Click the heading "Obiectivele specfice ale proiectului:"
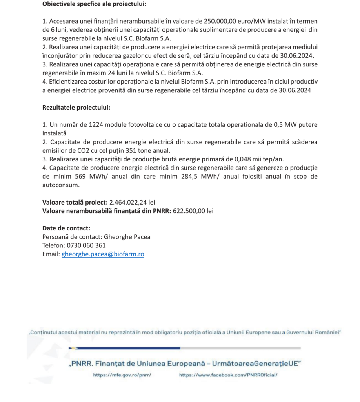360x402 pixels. coord(96,5)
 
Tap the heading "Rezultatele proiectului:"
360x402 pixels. coord(76,107)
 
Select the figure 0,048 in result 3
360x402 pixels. coord(235,159)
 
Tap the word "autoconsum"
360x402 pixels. coord(60,185)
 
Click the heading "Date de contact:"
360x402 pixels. coord(66,228)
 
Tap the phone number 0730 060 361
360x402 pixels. coord(86,245)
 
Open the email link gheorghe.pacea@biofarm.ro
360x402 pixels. coord(103,254)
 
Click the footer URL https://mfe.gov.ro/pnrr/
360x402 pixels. coord(122,375)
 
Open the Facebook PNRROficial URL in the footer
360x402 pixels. coord(228,375)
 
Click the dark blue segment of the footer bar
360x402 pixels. coord(129,348)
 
